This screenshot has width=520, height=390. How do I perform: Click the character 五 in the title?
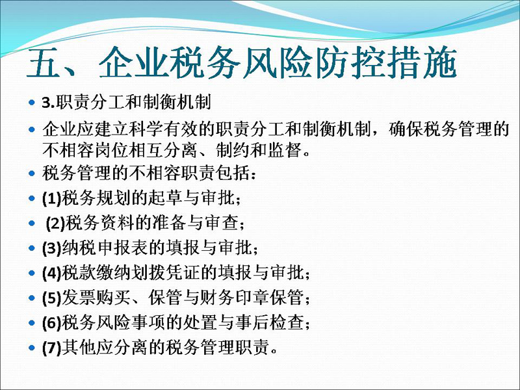click(44, 63)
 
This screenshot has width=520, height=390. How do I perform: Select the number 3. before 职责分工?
click(48, 103)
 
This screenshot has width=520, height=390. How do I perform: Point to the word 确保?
click(406, 129)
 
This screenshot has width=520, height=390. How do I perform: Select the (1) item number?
click(51, 198)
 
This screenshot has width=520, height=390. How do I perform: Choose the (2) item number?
click(55, 223)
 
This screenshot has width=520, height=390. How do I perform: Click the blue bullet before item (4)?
click(32, 273)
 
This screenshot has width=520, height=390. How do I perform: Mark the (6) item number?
click(51, 322)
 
